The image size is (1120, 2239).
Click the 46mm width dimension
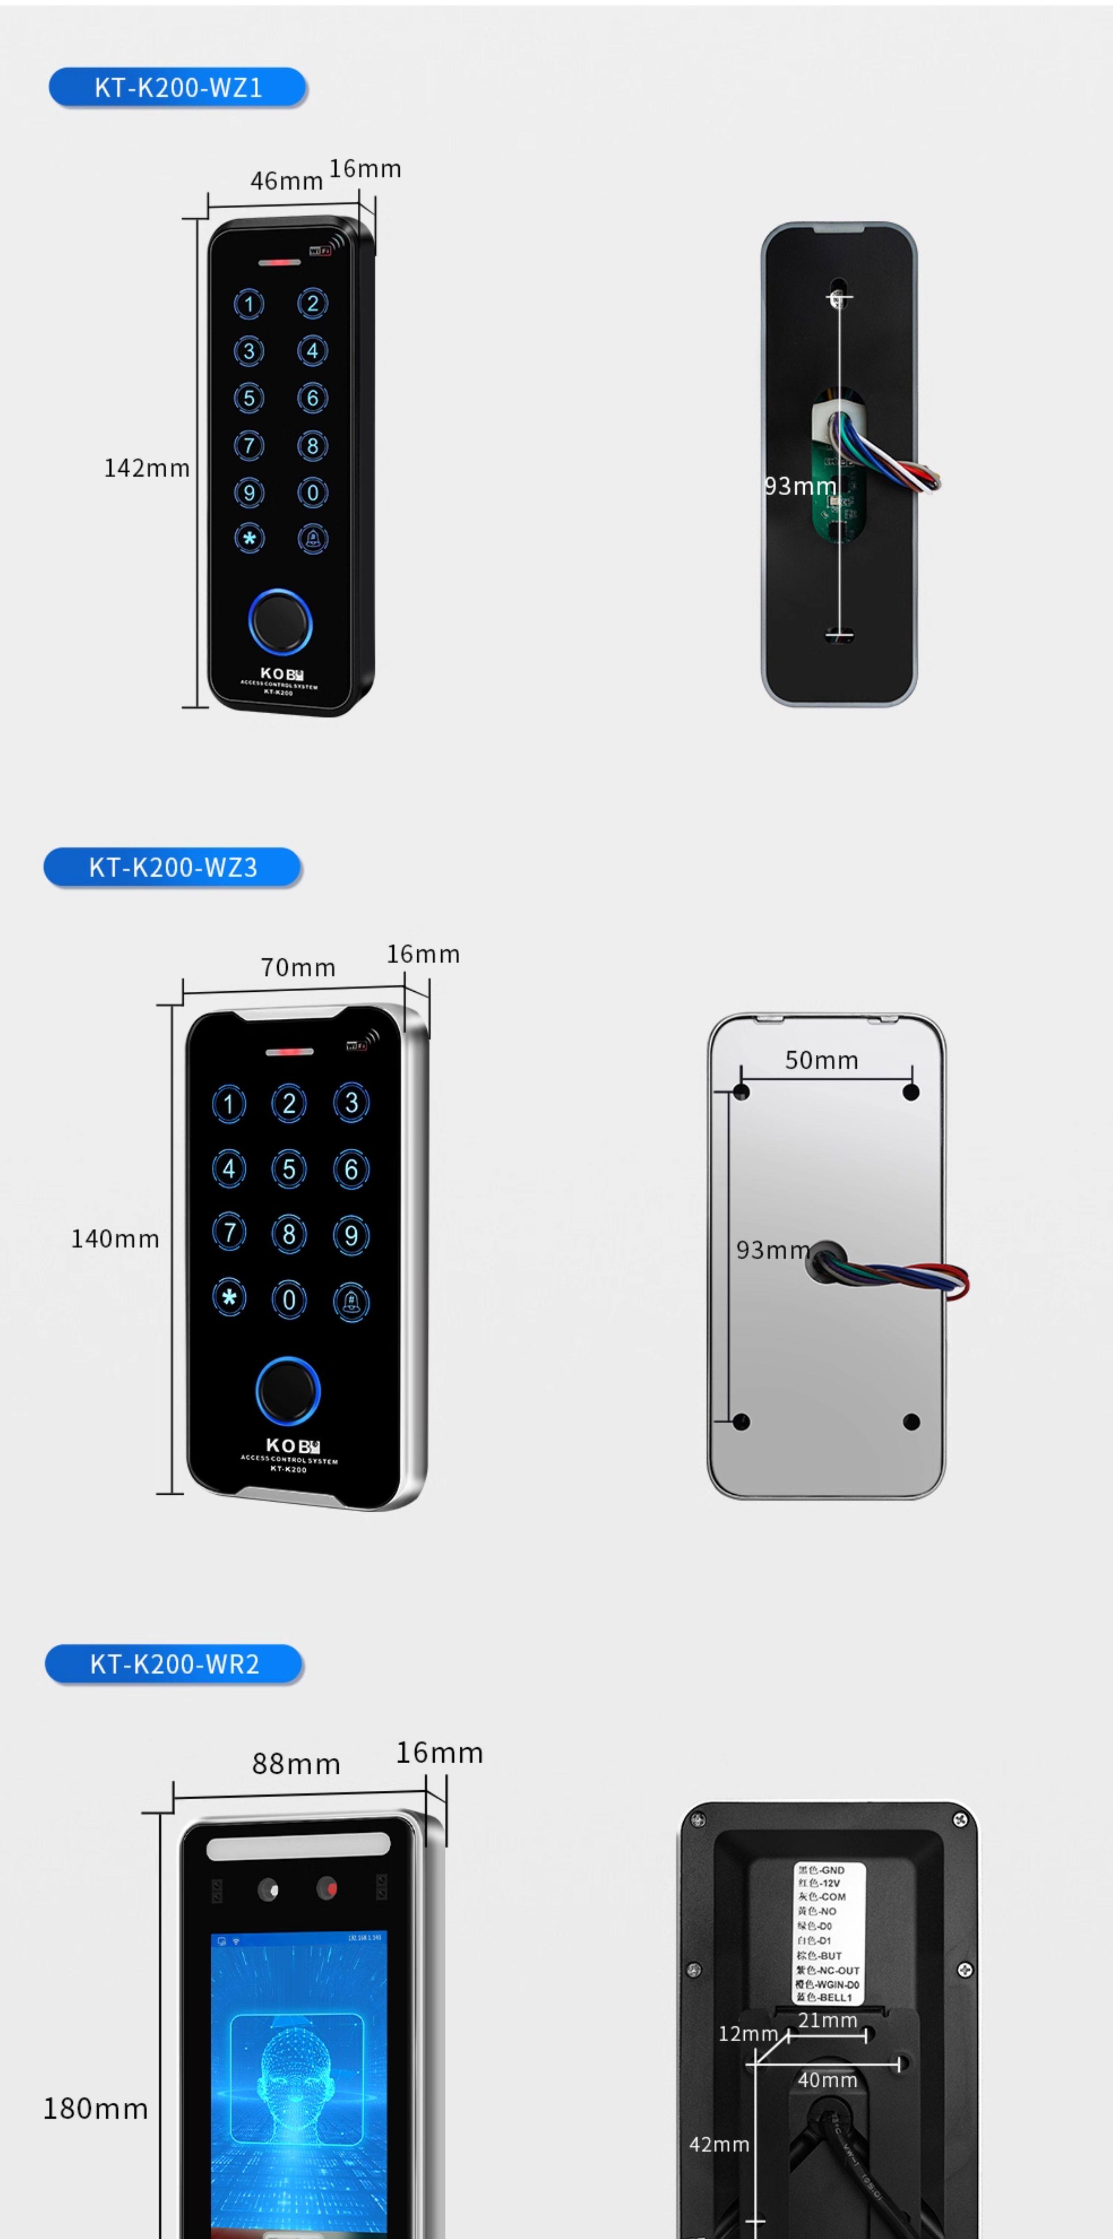point(286,181)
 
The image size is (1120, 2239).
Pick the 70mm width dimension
point(298,967)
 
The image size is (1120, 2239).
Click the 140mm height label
point(115,1239)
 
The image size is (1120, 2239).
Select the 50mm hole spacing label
point(821,1060)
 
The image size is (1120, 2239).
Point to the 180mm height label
point(96,2109)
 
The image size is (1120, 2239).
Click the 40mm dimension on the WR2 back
point(827,2080)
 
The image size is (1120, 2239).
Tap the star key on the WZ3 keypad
point(229,1299)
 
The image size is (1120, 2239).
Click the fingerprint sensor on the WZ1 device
point(280,622)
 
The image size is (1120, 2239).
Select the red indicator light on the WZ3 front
point(289,1052)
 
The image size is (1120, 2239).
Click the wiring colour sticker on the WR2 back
point(827,1934)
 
